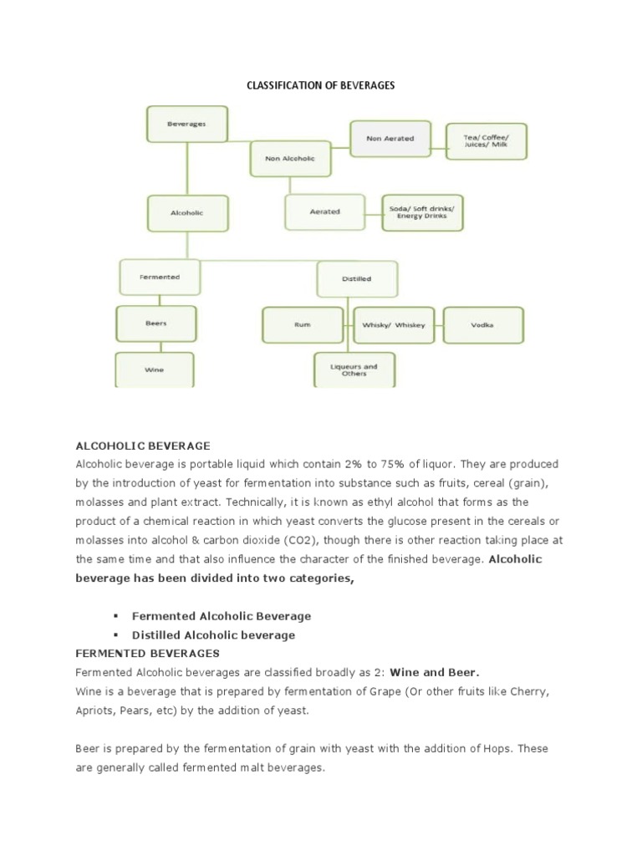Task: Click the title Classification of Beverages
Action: [320, 86]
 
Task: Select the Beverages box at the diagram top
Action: [186, 124]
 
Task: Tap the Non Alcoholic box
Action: [289, 159]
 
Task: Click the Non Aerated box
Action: [390, 138]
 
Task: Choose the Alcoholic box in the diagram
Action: [186, 213]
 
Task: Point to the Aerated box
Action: [324, 212]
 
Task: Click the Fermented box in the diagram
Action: [160, 277]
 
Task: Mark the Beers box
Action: [155, 324]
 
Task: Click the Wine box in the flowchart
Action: [155, 369]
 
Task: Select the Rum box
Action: [303, 325]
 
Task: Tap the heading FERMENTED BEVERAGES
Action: [147, 653]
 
